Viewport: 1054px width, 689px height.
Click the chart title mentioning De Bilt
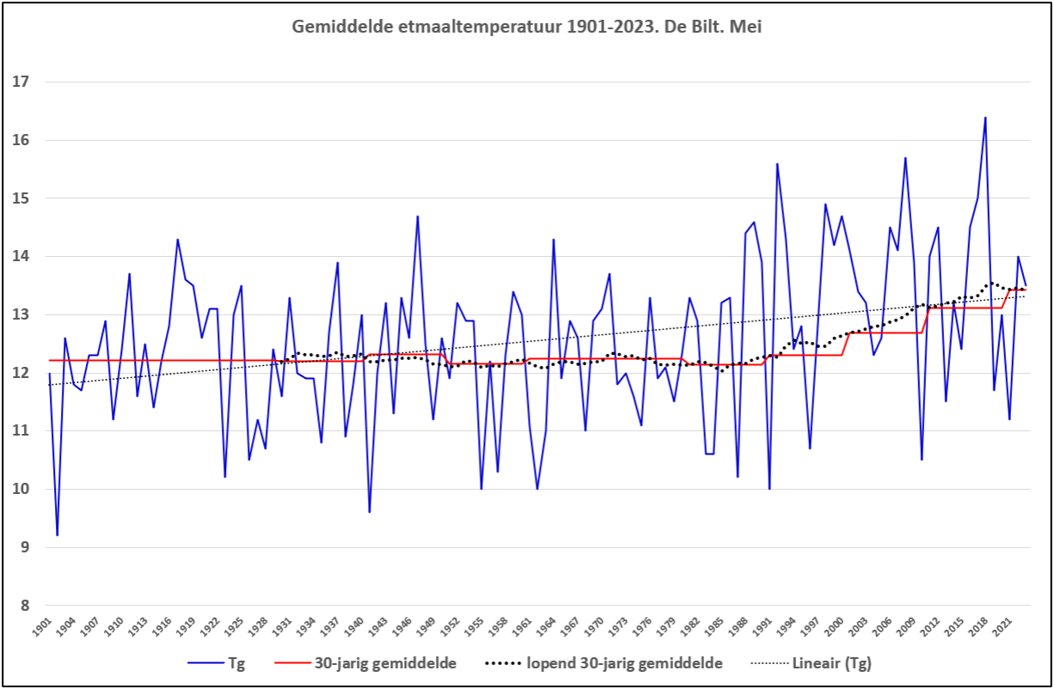pyautogui.click(x=527, y=27)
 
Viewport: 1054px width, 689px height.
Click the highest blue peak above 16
pyautogui.click(x=985, y=118)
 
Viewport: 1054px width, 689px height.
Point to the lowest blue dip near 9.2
pyautogui.click(x=57, y=534)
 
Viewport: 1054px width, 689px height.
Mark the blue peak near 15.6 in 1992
pyautogui.click(x=777, y=164)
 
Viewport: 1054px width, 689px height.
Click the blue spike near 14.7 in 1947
pyautogui.click(x=417, y=216)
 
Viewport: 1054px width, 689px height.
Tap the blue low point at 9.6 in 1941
pyautogui.click(x=370, y=512)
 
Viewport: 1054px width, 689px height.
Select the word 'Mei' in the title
pyautogui.click(x=747, y=27)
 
